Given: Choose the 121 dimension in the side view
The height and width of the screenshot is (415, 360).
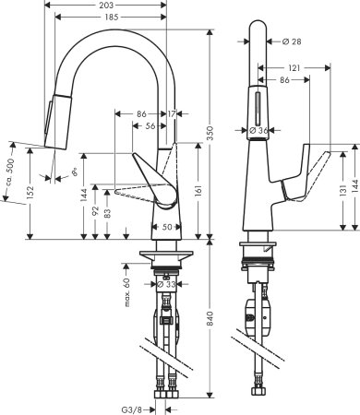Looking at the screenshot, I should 293,69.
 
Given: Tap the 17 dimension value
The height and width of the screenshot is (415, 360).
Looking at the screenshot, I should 173,113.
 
